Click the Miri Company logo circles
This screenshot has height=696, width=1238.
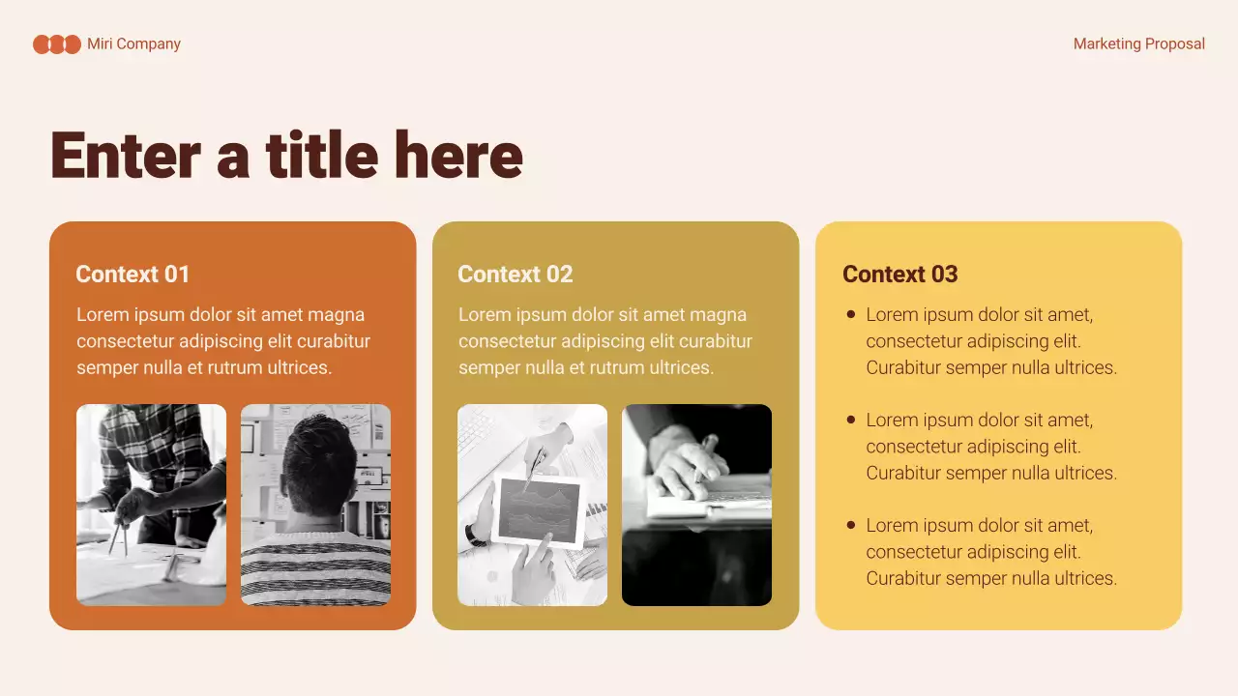[x=57, y=44]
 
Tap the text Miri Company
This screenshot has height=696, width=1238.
[x=133, y=44]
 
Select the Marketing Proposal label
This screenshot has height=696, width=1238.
[x=1138, y=44]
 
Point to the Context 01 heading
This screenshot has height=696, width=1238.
[x=133, y=275]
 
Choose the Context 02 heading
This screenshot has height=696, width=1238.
[x=515, y=275]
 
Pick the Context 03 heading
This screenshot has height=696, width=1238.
[x=899, y=275]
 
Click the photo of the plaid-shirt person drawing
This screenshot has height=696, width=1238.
[x=151, y=505]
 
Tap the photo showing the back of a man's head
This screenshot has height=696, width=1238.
[x=315, y=505]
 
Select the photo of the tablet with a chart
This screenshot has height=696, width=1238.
[x=532, y=505]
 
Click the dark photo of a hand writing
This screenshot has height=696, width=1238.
[x=696, y=505]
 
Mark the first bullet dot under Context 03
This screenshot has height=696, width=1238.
[x=851, y=314]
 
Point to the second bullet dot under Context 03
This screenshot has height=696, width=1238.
[x=851, y=420]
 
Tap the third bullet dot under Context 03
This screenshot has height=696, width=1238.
[x=851, y=525]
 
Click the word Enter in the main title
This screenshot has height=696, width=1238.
[x=125, y=156]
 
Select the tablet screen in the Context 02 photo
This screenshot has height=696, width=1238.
[x=538, y=509]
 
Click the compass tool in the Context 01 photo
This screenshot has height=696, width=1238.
[x=118, y=535]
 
